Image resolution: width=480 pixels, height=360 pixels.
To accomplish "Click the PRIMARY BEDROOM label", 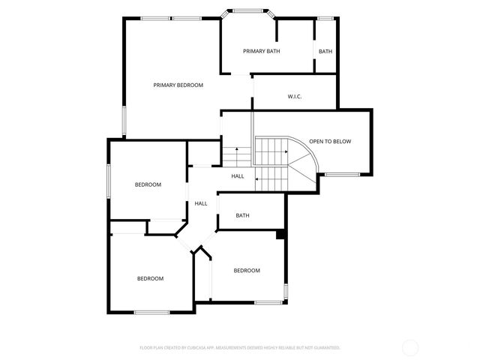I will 178,85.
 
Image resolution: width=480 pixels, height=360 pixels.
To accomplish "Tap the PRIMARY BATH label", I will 262,51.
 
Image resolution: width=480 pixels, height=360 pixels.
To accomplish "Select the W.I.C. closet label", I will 295,97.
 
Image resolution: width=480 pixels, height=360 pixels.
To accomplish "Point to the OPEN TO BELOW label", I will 330,141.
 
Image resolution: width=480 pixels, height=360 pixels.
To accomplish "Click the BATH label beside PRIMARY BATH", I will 325,52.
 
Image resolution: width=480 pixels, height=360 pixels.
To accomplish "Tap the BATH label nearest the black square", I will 242,216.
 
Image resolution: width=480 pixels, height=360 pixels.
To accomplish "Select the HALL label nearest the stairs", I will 237,176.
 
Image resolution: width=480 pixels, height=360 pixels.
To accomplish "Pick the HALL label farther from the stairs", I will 201,204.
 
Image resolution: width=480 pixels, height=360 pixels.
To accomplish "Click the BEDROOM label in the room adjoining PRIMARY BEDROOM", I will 148,184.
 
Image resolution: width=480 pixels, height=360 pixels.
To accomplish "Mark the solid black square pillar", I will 280,235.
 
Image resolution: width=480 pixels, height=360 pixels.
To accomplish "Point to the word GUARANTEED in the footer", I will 324,348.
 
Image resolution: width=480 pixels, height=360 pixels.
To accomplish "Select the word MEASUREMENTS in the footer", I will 248,348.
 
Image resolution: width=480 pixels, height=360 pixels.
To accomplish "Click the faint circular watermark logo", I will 410,347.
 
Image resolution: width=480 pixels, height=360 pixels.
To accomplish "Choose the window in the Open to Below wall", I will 342,175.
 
